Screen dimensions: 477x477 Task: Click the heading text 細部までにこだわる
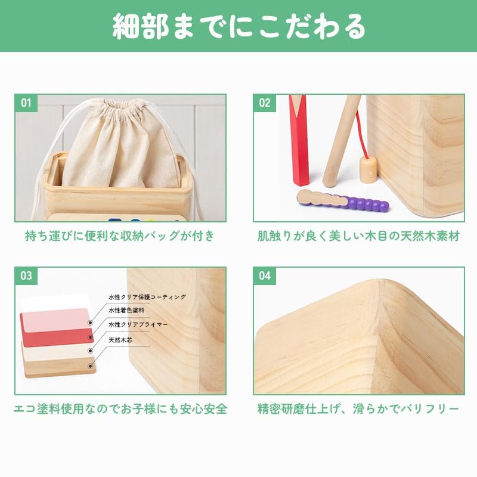tap(239, 26)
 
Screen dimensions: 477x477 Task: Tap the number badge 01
tap(26, 103)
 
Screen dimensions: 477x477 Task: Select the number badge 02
tap(265, 103)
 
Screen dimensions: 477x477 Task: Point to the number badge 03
tap(26, 276)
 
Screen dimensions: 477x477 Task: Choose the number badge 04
tap(265, 276)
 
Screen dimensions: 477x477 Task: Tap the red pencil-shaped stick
tap(299, 140)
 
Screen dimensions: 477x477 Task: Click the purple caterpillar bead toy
tap(343, 201)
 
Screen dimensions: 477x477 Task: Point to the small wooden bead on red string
tap(368, 170)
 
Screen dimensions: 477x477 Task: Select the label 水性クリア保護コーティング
tap(147, 297)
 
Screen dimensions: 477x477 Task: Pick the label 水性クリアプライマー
tap(138, 324)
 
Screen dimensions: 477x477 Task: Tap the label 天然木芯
tap(120, 340)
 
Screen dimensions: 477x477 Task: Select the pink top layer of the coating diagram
tap(56, 320)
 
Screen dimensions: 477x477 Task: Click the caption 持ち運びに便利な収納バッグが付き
tap(120, 236)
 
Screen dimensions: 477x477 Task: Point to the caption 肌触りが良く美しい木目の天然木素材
tap(359, 236)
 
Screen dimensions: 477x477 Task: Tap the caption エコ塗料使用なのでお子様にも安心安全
tap(120, 408)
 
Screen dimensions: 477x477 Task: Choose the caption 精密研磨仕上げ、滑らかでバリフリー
tap(358, 408)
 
